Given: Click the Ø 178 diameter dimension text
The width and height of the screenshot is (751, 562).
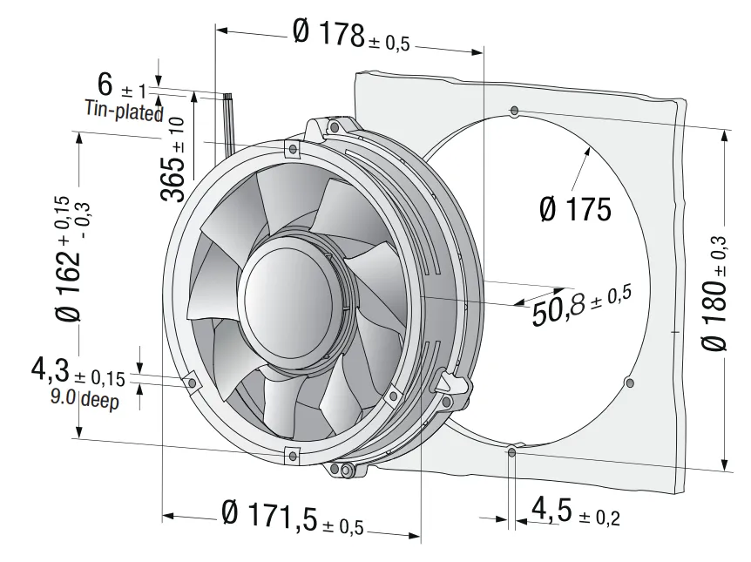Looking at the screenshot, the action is (351, 35).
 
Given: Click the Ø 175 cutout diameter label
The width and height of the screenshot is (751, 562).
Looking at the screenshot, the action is (575, 209).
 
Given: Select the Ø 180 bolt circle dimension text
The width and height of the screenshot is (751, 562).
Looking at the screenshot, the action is (714, 294).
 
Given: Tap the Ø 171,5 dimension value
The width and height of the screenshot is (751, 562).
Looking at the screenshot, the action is (293, 517).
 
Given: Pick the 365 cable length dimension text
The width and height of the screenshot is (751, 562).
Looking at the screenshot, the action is (173, 159).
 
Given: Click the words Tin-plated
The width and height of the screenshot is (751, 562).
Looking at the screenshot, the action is (124, 111).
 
